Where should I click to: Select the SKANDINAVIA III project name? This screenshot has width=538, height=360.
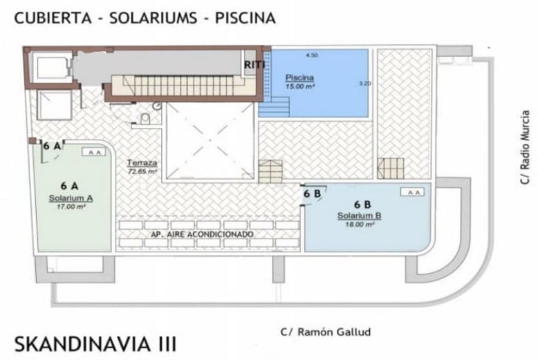coord(95,343)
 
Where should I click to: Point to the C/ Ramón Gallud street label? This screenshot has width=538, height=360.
coord(326,332)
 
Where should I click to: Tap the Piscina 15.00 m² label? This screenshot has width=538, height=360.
coord(300,82)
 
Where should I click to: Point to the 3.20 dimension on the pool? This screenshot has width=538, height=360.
coord(365,84)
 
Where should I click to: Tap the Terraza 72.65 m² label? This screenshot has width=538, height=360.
coord(142,167)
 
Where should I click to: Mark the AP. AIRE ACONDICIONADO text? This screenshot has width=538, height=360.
coord(202,235)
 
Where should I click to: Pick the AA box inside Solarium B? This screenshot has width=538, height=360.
coord(413,192)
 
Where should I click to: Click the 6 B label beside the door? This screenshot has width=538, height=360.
coord(312,194)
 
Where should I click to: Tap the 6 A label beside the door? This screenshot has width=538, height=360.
coord(50,146)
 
